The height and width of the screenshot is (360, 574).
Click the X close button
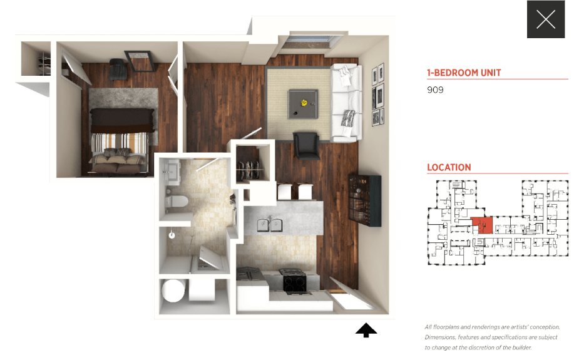(x=546, y=19)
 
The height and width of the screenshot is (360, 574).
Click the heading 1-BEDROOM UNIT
(x=464, y=73)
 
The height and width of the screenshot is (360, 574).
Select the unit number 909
(x=435, y=90)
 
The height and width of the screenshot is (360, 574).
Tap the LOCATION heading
(x=449, y=168)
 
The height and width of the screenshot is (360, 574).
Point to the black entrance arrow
(x=366, y=330)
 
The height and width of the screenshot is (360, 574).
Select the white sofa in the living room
(x=346, y=103)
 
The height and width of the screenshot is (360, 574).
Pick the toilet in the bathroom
(x=177, y=202)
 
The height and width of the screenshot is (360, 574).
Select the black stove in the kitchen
(x=294, y=282)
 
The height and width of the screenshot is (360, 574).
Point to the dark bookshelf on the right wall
(x=365, y=200)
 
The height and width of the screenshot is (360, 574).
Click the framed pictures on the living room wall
(x=377, y=96)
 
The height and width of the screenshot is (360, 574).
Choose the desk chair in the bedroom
(x=117, y=68)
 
